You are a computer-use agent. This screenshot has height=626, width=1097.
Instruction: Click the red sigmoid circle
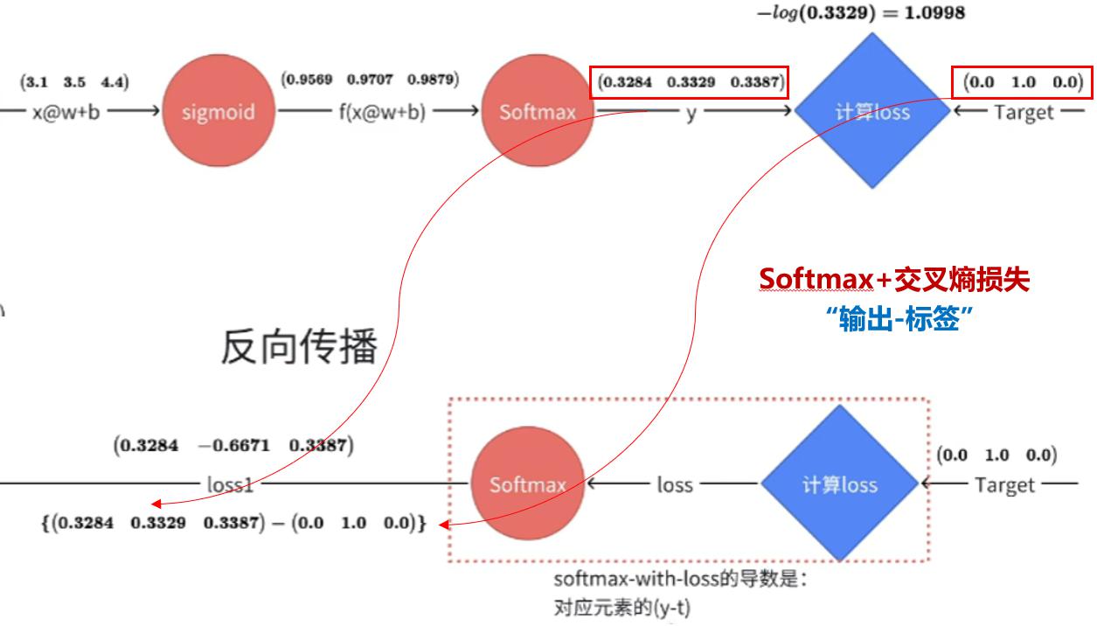(x=219, y=111)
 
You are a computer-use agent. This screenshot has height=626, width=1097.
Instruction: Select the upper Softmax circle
(x=538, y=111)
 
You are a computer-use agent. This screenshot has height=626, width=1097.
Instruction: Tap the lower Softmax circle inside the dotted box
(x=528, y=483)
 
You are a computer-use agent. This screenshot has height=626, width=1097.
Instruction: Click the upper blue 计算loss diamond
(x=872, y=111)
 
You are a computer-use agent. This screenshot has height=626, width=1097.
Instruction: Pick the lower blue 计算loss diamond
(x=839, y=483)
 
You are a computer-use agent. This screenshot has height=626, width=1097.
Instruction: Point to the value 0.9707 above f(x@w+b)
(x=370, y=79)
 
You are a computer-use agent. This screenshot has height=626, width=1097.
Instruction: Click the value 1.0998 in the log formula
(x=935, y=13)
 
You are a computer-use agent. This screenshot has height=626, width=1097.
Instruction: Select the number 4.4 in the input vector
(x=112, y=81)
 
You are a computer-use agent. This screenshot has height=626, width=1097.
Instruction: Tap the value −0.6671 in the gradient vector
(x=233, y=445)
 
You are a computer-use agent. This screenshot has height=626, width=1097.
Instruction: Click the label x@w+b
(x=66, y=112)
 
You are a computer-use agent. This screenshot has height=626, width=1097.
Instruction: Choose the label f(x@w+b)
(x=382, y=112)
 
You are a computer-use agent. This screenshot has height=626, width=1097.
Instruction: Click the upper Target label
(x=1024, y=112)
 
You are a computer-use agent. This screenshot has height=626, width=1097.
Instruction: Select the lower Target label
(x=1005, y=485)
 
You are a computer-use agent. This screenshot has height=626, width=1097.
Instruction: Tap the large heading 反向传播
(x=299, y=346)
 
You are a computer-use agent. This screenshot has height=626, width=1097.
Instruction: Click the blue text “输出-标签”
(x=899, y=318)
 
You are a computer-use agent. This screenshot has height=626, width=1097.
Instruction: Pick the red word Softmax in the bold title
(x=816, y=279)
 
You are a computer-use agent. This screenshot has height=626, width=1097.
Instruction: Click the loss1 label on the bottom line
(x=230, y=485)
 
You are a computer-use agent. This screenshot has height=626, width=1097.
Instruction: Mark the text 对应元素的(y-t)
(x=622, y=608)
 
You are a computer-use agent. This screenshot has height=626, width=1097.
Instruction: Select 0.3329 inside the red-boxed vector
(x=691, y=82)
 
